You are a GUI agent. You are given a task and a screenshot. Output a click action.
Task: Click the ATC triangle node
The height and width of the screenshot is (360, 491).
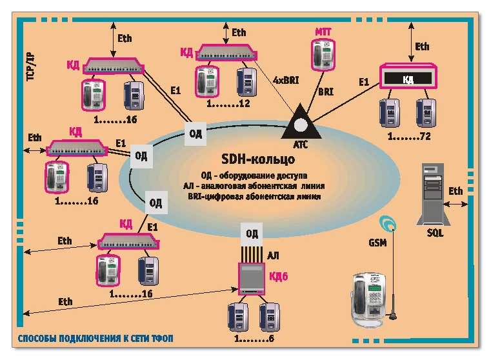[x=300, y=120]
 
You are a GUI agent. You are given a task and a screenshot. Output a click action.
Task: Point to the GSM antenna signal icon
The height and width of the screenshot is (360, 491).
[x=388, y=223]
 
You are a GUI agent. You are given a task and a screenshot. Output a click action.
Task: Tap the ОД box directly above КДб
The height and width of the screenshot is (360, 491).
[x=252, y=233]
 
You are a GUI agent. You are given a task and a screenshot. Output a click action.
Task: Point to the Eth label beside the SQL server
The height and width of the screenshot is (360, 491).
[x=456, y=191]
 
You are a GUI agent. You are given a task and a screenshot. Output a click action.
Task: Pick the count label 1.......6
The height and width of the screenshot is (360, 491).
[x=254, y=338]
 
